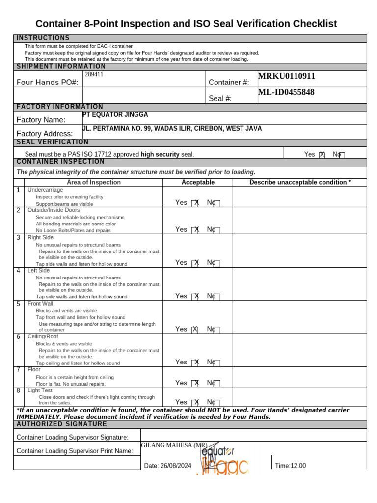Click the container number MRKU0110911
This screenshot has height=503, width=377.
(287, 76)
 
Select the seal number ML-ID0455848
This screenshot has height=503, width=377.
(287, 92)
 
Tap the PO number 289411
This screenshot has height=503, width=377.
(94, 75)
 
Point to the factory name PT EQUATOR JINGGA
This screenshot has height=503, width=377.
(115, 115)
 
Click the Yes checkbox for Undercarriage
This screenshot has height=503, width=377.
(195, 203)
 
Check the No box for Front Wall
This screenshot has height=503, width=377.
(217, 330)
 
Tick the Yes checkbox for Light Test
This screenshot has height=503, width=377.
(195, 402)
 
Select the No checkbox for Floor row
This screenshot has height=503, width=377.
(217, 383)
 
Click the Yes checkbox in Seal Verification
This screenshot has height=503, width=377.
(322, 155)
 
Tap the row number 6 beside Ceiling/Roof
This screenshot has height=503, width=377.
(18, 337)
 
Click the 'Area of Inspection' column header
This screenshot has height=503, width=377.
(94, 182)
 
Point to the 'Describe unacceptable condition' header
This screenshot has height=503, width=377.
(300, 182)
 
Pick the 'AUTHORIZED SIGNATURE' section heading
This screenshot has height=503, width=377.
(62, 424)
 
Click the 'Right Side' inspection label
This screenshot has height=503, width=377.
(41, 238)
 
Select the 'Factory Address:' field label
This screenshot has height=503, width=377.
(45, 134)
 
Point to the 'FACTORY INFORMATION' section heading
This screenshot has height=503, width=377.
(60, 107)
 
